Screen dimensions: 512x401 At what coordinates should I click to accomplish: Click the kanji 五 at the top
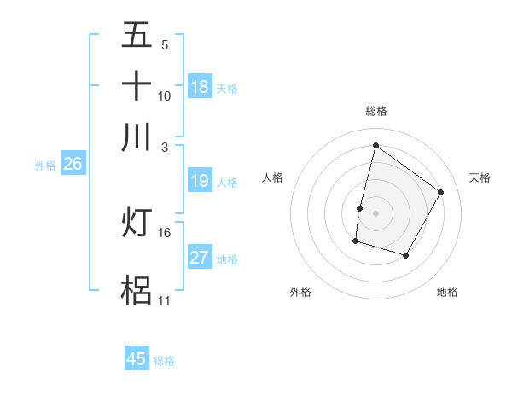coord(137,35)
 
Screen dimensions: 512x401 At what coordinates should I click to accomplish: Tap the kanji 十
coord(137,85)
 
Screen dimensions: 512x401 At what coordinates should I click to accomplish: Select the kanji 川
coord(137,137)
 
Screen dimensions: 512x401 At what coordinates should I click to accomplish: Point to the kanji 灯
coord(137,222)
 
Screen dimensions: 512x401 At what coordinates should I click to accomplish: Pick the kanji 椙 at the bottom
coord(137,290)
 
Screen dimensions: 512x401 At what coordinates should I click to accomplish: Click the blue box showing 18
coord(200,87)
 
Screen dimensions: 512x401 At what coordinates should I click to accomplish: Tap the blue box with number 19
coord(200,181)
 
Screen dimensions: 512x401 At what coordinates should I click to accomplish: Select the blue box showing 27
coord(200,258)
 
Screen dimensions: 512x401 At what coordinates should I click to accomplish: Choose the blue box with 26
coord(73,165)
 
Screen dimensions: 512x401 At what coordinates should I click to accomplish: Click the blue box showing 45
coord(137,359)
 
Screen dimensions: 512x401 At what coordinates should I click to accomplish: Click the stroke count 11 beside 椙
coord(164,300)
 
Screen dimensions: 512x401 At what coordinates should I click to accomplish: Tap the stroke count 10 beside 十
coord(165,96)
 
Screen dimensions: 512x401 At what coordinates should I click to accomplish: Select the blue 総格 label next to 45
coord(164,361)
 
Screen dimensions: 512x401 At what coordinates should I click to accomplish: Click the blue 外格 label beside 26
coord(45,166)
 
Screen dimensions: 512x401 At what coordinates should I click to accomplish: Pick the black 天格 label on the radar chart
coord(480,177)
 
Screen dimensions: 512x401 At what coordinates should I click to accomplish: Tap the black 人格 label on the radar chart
coord(272,177)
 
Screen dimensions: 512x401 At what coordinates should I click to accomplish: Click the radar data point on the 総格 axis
coord(375,145)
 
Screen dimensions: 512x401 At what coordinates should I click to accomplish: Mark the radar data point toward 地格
coord(406,255)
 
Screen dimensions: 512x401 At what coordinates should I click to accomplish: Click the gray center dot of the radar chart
coord(375,212)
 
